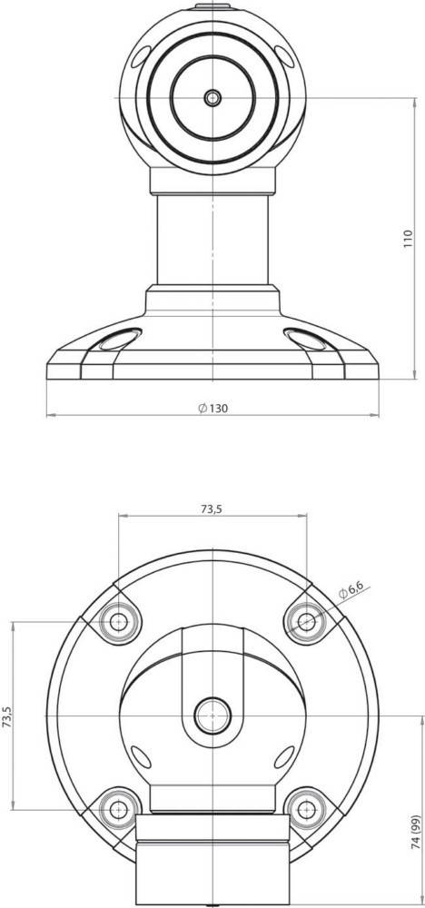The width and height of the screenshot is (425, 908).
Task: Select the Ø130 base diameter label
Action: point(212,408)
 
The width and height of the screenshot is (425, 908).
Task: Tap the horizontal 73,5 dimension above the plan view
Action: point(212,509)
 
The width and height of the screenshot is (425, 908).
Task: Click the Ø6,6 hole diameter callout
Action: point(350,592)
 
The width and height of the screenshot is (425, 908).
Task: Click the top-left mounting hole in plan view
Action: point(118,621)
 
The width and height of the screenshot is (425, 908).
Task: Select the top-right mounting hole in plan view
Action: point(307,621)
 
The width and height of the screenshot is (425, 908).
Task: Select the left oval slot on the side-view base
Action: point(115,340)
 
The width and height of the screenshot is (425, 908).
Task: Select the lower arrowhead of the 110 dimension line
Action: point(388,375)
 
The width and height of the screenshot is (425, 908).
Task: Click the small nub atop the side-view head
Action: point(212,5)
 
